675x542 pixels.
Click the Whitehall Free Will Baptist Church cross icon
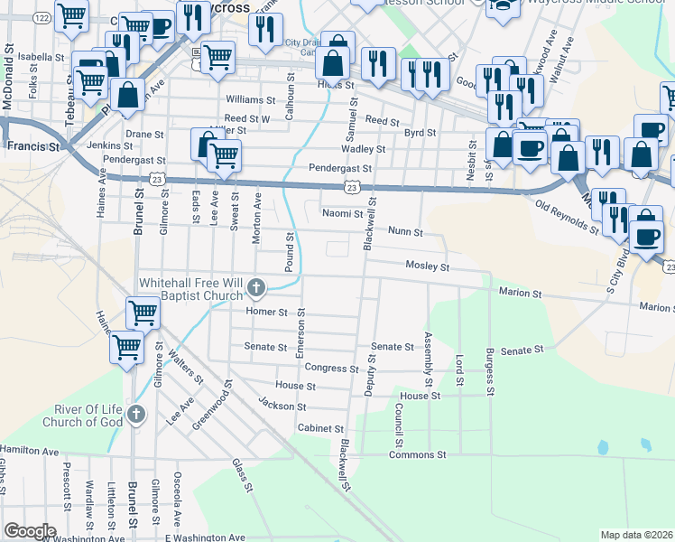click(256, 288)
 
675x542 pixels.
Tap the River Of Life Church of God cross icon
click(135, 415)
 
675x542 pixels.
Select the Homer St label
click(265, 312)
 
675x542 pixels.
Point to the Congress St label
click(326, 368)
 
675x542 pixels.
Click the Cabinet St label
click(320, 427)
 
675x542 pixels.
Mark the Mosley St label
click(427, 267)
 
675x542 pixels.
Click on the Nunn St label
click(405, 232)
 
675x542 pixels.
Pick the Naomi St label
click(342, 214)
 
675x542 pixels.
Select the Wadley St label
click(363, 149)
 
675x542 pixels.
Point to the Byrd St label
click(420, 133)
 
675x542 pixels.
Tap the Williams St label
click(250, 99)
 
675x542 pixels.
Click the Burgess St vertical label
click(490, 372)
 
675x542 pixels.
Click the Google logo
click(30, 531)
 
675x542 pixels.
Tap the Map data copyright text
click(636, 535)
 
